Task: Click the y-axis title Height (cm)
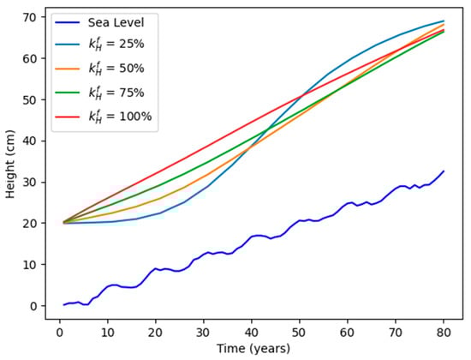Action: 11,162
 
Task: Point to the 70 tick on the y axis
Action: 32,17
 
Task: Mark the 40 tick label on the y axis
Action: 32,141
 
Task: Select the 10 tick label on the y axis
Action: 32,265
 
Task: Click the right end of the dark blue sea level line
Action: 444,171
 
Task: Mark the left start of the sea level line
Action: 64,304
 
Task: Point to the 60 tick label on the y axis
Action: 32,58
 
